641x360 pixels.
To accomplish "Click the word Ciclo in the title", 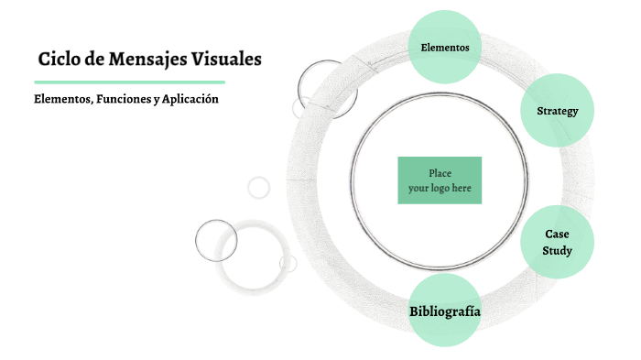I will click(60, 60).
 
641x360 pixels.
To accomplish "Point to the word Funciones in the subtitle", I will click(120, 99).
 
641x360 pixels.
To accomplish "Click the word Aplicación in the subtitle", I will click(190, 99).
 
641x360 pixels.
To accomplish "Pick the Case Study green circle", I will click(557, 242).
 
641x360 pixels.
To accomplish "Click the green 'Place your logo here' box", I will click(440, 180).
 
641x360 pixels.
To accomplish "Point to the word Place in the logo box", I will click(440, 173).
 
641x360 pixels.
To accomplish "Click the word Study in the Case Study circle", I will click(557, 250).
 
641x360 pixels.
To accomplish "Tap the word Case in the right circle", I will click(557, 235).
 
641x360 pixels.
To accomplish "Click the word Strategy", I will click(558, 112).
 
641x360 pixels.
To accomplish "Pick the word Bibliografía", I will click(445, 312).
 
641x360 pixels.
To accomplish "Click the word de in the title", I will click(95, 60).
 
